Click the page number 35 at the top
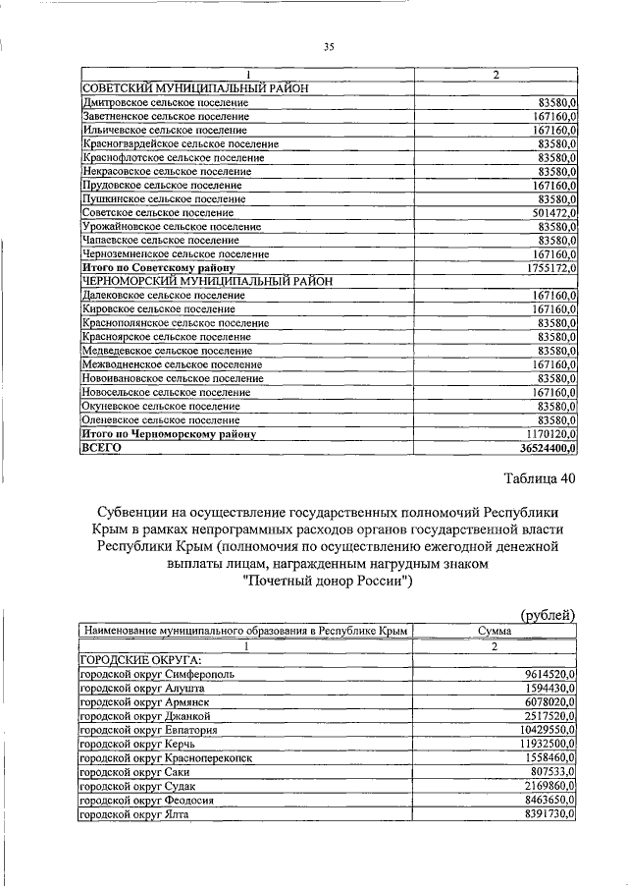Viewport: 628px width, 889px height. tap(329, 45)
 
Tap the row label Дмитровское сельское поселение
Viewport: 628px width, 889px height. tap(164, 102)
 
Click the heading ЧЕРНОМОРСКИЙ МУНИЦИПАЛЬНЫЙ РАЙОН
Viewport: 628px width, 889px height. tap(208, 281)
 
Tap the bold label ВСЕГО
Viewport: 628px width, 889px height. tap(101, 447)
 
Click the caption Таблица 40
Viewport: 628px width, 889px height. tap(526, 478)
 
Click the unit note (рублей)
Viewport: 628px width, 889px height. tap(547, 615)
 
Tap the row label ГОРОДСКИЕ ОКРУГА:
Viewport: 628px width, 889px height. tap(127, 661)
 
